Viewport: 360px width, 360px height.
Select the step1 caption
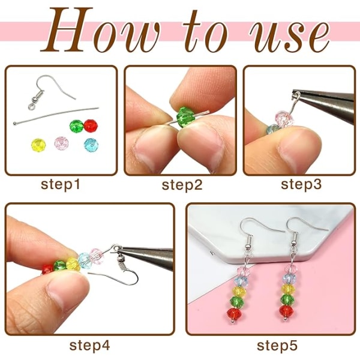61,185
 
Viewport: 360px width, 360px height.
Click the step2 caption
182,185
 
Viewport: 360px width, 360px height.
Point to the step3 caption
301,184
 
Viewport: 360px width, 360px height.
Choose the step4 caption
90,346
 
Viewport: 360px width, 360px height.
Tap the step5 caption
277,346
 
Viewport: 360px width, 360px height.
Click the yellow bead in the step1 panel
38,145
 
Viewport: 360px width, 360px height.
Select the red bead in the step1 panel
91,126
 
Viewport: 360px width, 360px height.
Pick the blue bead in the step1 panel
91,145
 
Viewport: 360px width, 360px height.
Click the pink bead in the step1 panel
61,143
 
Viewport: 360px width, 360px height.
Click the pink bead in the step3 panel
284,119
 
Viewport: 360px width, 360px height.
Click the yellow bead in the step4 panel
73,264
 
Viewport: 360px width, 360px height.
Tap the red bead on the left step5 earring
234,313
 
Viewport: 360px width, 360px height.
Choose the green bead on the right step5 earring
287,299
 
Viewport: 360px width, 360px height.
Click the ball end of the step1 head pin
14,124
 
